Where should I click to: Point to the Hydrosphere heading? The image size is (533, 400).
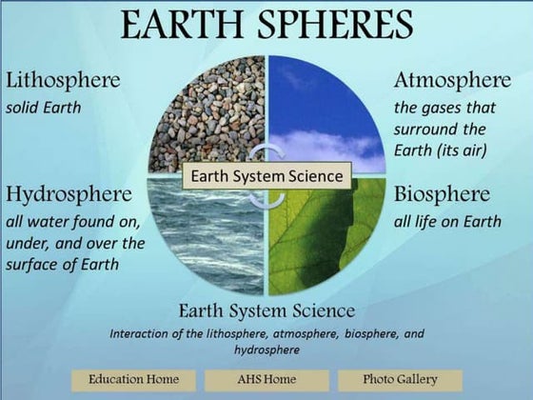coord(69,195)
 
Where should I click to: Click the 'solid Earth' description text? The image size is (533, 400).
coord(42,107)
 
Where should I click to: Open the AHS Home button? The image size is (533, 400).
coord(266,379)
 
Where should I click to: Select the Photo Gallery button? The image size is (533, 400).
coord(400,379)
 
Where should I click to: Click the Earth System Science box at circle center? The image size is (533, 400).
coord(267,175)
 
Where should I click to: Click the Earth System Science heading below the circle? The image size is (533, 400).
coord(266,311)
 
